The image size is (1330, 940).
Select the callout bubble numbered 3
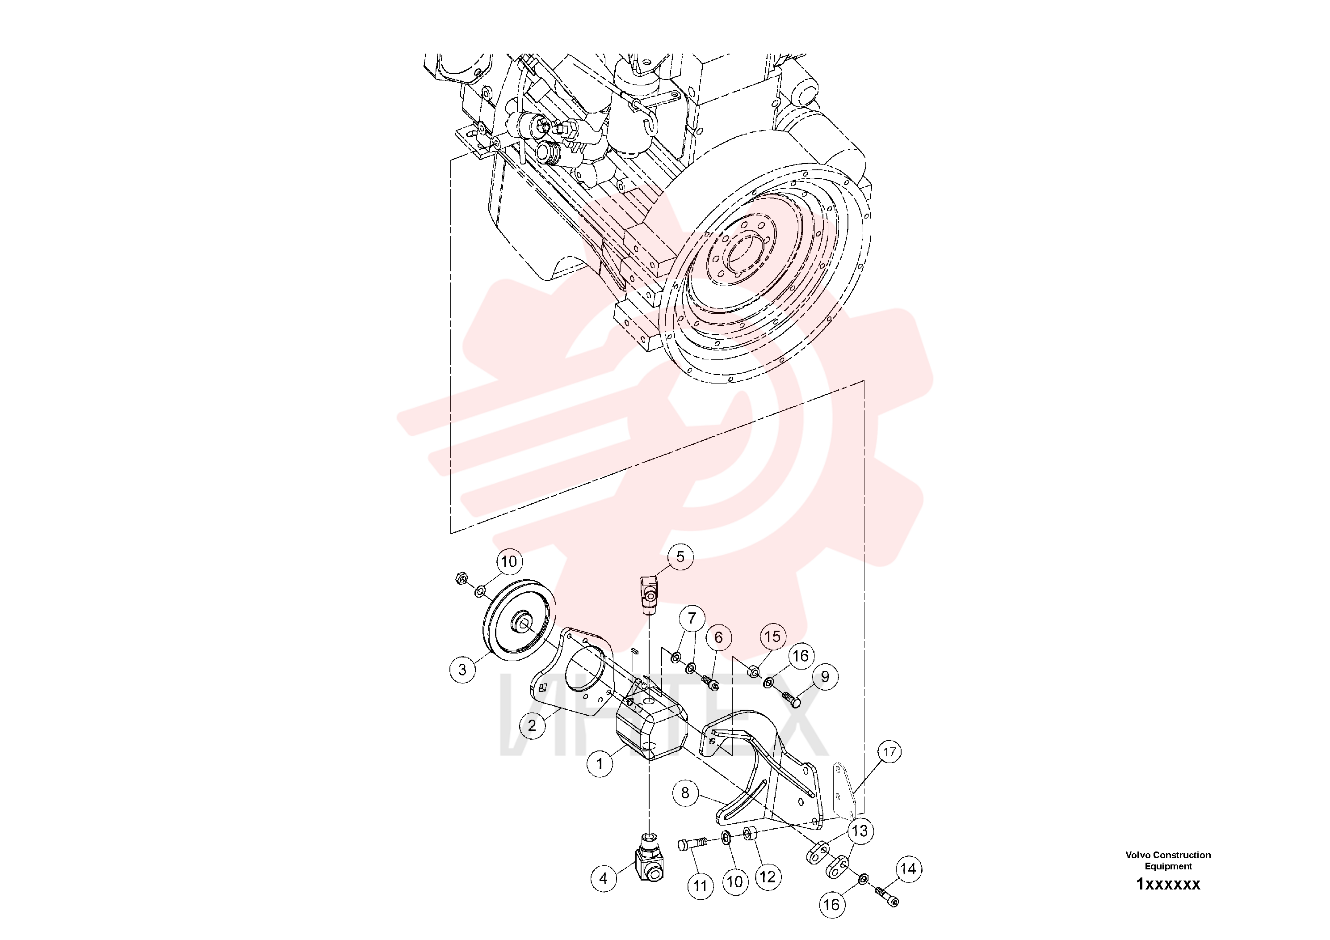(x=462, y=670)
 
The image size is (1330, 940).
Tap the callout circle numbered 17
(x=890, y=752)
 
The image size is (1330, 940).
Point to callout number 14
(x=908, y=869)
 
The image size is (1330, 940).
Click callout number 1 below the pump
(x=600, y=764)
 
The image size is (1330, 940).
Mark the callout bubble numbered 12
(x=768, y=877)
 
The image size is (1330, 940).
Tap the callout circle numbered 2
(x=532, y=725)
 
